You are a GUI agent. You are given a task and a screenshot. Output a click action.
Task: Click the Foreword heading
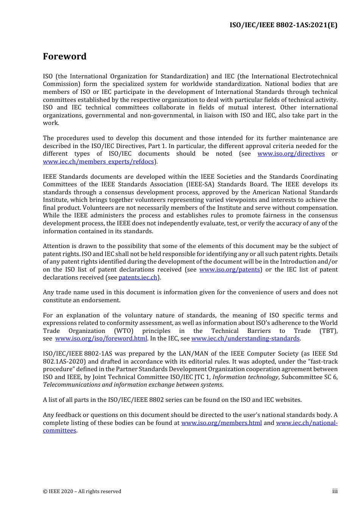(x=64, y=56)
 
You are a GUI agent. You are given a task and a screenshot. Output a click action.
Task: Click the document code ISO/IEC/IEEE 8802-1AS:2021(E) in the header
(x=283, y=25)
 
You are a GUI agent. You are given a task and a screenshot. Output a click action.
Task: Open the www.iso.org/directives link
(x=291, y=154)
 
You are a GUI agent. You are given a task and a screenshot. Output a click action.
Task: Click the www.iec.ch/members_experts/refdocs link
(x=99, y=162)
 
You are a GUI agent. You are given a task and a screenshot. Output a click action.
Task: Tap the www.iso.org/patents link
(x=229, y=270)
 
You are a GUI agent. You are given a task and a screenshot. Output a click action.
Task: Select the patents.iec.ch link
(x=138, y=278)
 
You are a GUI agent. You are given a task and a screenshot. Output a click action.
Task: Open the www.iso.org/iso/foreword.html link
(x=101, y=339)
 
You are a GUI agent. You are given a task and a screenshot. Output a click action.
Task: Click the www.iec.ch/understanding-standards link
(x=245, y=339)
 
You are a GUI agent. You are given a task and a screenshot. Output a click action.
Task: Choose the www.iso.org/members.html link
(x=221, y=423)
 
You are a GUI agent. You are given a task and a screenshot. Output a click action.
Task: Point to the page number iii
(x=335, y=491)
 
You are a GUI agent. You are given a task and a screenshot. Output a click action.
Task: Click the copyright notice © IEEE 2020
(x=82, y=492)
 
